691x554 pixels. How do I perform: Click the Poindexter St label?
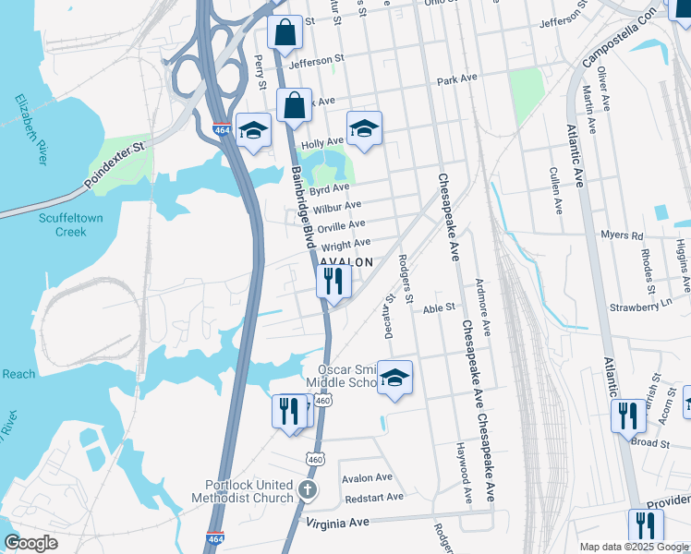(114, 162)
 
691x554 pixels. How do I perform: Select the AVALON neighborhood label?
(346, 262)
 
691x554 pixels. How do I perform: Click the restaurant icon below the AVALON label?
(333, 281)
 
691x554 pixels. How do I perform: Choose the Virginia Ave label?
(338, 522)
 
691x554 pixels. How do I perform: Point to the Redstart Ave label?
(373, 497)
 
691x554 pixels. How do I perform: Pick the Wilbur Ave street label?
(338, 206)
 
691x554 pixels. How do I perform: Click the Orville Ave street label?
(341, 224)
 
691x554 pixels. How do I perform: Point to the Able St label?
(440, 307)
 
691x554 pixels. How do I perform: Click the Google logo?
(31, 543)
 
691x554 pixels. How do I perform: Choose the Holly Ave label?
(322, 143)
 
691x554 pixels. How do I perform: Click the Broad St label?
(649, 443)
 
